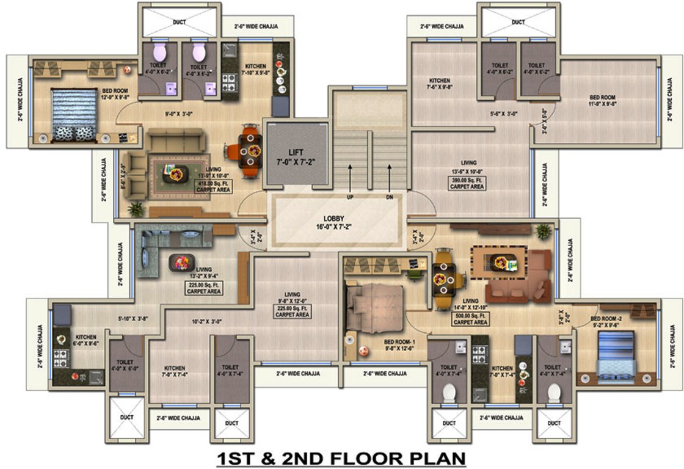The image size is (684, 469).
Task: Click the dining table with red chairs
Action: click(250, 150)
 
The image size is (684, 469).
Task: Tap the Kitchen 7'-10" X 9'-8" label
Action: click(255, 70)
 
